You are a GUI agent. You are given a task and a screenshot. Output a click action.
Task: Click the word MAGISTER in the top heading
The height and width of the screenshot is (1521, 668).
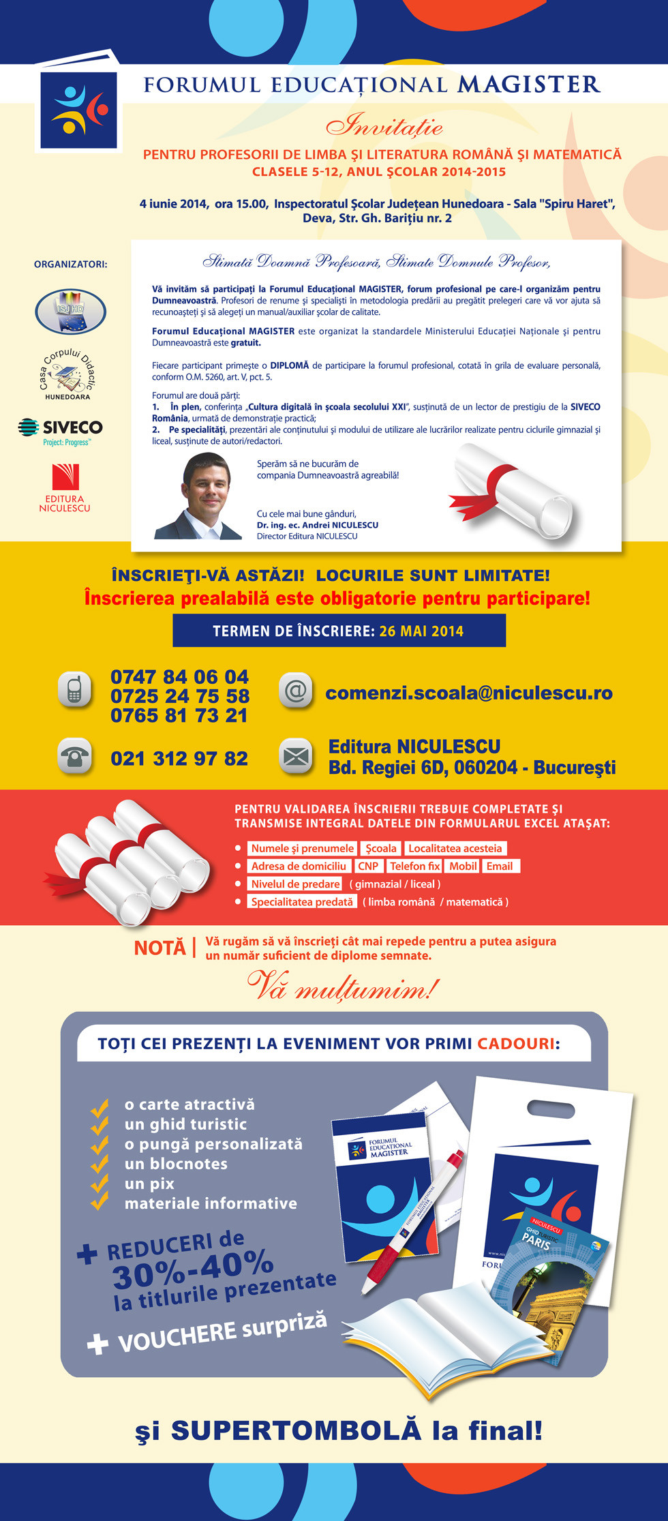(528, 85)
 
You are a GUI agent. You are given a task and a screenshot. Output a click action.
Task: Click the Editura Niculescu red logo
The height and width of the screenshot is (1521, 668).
(65, 477)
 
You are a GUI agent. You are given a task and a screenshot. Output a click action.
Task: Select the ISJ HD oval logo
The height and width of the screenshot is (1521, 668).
(70, 311)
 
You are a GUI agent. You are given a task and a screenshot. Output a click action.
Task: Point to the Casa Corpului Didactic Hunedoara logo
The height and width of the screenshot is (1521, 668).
(66, 374)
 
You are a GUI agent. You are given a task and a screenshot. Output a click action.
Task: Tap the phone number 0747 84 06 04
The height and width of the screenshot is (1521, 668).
(179, 677)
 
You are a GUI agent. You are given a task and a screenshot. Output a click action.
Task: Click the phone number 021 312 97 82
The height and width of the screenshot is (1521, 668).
(179, 758)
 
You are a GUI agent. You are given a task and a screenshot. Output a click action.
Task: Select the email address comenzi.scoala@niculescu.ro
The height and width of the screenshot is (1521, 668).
(468, 693)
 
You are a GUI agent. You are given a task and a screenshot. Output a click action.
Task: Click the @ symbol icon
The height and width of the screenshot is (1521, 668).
(296, 691)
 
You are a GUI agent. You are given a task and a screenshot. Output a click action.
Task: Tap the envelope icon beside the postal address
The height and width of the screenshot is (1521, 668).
(296, 756)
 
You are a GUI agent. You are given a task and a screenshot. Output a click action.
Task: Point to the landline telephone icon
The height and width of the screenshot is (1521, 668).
(74, 756)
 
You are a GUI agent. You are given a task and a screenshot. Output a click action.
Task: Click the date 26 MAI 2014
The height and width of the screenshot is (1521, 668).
(421, 631)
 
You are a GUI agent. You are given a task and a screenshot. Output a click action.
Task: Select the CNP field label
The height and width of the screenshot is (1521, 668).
(368, 866)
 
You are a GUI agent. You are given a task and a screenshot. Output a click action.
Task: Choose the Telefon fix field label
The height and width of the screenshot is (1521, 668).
(414, 866)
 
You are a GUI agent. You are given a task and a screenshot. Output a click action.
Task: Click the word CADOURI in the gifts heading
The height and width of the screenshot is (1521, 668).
(516, 1044)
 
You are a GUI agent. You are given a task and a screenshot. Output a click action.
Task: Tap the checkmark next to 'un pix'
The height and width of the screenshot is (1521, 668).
(100, 1184)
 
